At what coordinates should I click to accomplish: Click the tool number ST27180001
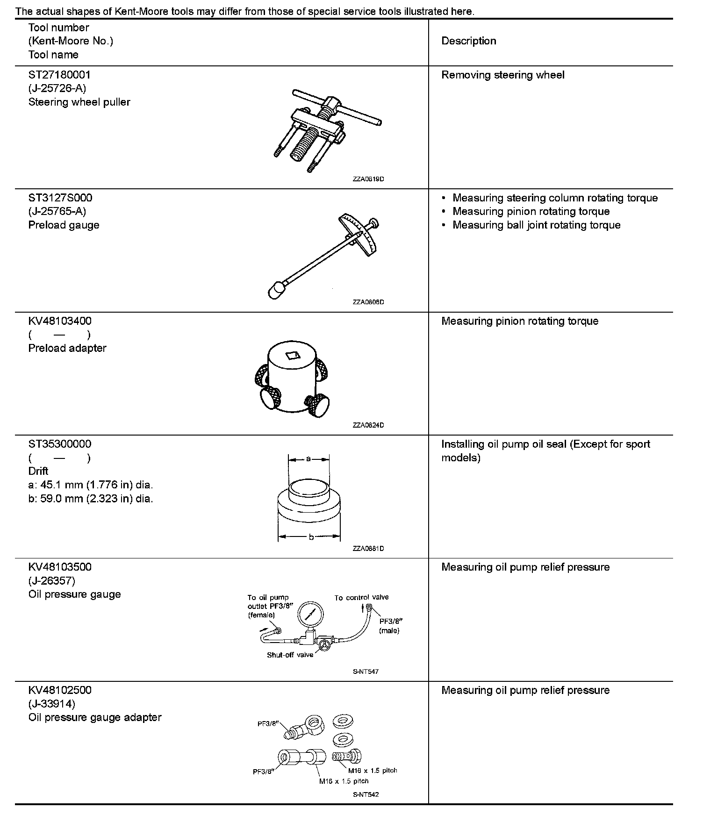pos(59,75)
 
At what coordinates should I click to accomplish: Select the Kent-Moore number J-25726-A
pos(57,88)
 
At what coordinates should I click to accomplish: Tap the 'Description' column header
pos(468,41)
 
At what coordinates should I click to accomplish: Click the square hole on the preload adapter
pos(293,356)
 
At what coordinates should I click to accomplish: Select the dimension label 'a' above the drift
pos(308,459)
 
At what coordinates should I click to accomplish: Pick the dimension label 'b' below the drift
pos(310,537)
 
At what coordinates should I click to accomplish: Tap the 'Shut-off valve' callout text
pos(290,655)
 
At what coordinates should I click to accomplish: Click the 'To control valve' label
pos(361,597)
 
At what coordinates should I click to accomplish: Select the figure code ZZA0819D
pos(368,179)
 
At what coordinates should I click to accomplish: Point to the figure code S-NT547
pos(366,672)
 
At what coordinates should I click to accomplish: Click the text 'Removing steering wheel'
pos(502,75)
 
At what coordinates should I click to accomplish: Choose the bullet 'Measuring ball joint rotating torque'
pos(536,225)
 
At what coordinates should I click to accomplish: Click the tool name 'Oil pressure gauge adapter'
pos(95,717)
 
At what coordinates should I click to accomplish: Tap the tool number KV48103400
pos(60,321)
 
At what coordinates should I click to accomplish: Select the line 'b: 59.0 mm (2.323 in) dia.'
pos(91,499)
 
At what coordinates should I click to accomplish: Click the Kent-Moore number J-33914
pos(51,704)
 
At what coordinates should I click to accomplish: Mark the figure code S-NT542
pos(366,794)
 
